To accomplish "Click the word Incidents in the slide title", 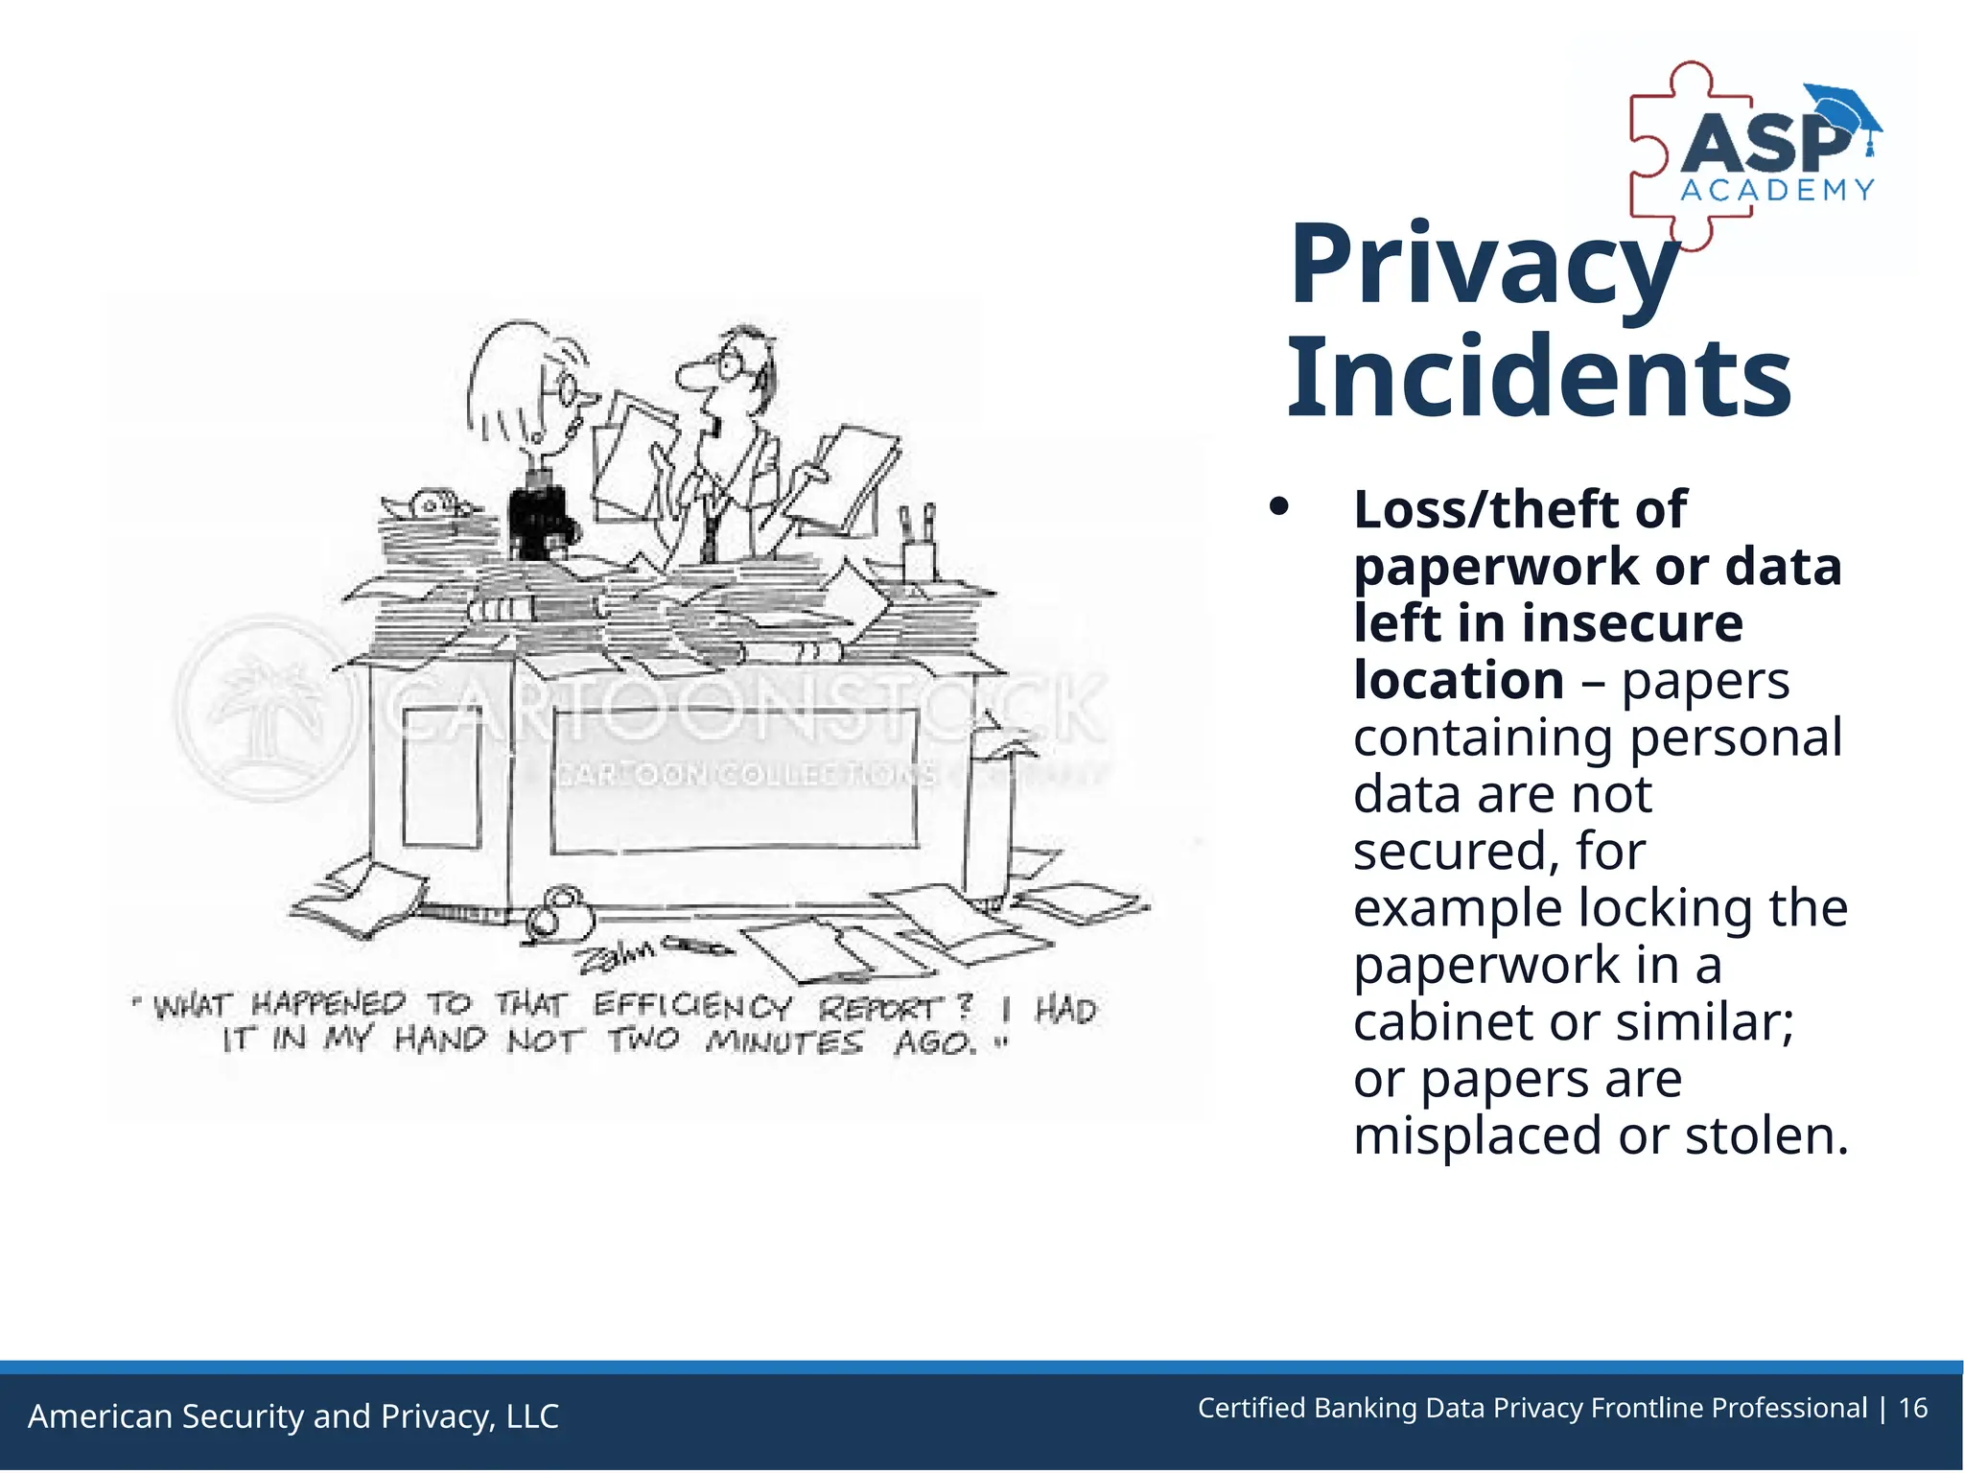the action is click(x=1538, y=379).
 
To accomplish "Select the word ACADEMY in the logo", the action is click(x=1777, y=190).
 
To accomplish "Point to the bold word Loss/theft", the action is click(x=1519, y=509).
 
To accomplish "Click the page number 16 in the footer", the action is click(x=1913, y=1408).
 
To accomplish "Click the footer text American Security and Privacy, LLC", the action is click(x=292, y=1416).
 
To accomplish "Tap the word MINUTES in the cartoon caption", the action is click(x=783, y=1042).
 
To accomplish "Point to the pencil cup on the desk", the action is click(x=919, y=548).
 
